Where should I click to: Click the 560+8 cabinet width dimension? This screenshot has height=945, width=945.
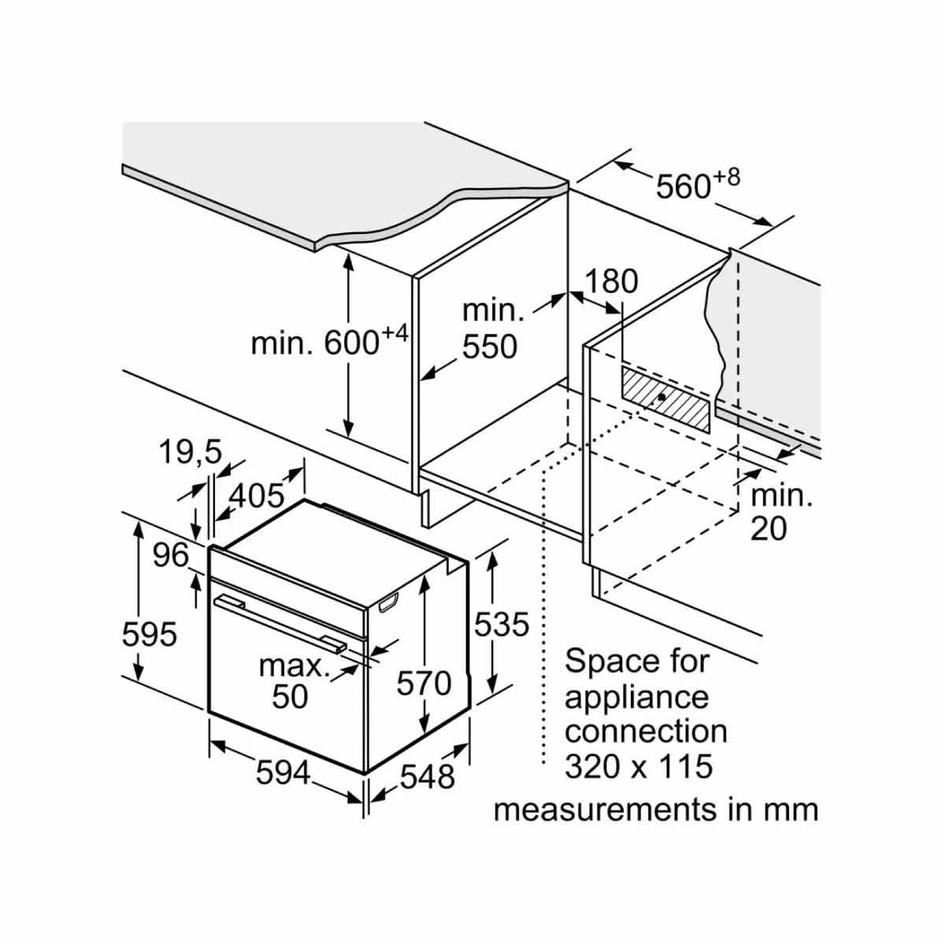[x=698, y=184]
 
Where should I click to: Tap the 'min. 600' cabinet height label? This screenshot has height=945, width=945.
[x=329, y=340]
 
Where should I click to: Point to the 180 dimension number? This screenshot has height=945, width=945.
[x=612, y=281]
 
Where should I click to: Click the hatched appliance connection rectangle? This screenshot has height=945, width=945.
[x=665, y=398]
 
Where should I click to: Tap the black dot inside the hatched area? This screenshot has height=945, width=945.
[x=661, y=397]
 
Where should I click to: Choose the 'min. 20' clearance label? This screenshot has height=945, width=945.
[x=782, y=513]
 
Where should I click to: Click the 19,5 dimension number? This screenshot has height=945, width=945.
[x=191, y=452]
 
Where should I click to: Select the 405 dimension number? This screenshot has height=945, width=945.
[x=257, y=495]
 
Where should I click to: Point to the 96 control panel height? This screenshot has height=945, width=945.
[x=171, y=555]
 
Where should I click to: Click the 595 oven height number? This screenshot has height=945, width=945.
[x=149, y=635]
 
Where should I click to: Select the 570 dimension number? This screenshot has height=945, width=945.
[x=424, y=683]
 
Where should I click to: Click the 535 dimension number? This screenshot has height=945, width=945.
[x=502, y=624]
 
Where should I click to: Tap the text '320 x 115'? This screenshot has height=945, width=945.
[x=639, y=767]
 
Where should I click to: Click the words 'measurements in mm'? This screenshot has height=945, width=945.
[x=656, y=810]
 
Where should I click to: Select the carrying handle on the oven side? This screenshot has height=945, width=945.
[x=389, y=602]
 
